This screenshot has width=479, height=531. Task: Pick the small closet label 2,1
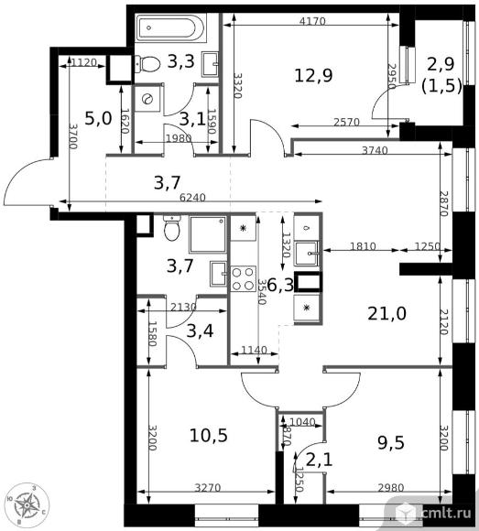pyautogui.click(x=318, y=456)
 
